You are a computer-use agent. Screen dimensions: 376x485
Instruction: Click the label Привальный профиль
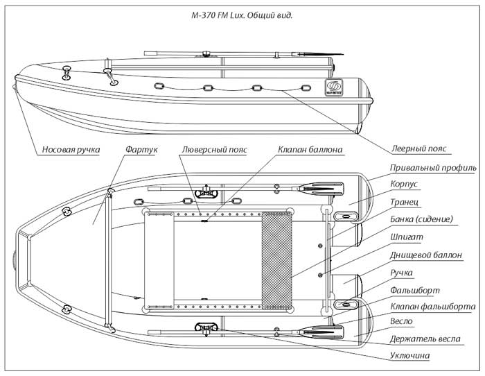pos(432,169)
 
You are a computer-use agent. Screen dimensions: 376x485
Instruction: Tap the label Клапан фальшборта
pos(432,306)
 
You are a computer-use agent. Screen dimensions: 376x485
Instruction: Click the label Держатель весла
pos(424,340)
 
